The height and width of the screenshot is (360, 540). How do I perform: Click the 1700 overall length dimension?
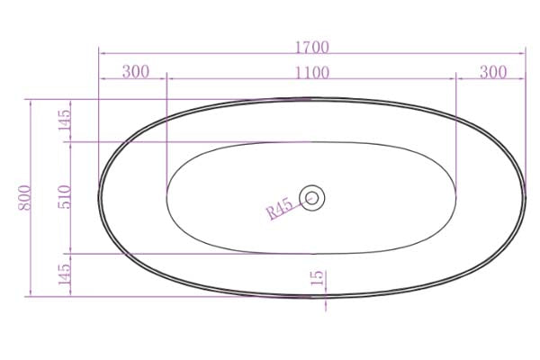click(x=310, y=47)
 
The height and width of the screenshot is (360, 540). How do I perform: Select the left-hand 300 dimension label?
click(x=135, y=72)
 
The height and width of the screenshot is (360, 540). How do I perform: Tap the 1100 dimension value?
click(x=311, y=72)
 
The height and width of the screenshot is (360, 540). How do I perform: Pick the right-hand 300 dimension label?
click(x=492, y=72)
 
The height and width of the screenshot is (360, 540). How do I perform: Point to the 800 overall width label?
click(x=24, y=197)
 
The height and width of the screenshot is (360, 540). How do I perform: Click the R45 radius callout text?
click(x=280, y=210)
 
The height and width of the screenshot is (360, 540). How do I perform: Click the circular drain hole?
click(x=312, y=197)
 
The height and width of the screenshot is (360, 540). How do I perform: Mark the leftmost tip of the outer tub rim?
click(x=99, y=197)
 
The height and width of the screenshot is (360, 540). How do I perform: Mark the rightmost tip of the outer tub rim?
click(x=525, y=197)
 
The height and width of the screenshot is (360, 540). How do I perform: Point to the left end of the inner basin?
click(x=167, y=197)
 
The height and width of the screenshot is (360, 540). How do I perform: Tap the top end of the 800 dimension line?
click(x=32, y=99)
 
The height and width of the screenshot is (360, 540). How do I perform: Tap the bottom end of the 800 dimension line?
click(x=32, y=295)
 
